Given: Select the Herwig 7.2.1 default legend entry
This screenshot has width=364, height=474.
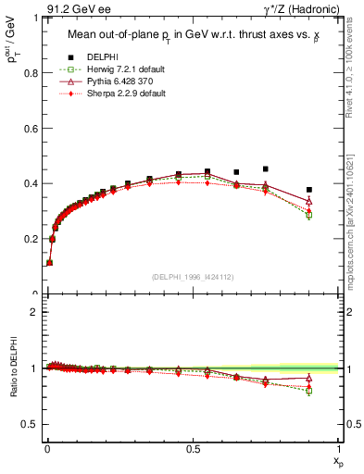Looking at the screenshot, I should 118,70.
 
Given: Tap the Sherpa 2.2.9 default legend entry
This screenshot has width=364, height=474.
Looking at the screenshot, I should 117,94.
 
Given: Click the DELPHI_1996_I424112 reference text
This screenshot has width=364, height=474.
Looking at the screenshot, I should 192,276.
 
